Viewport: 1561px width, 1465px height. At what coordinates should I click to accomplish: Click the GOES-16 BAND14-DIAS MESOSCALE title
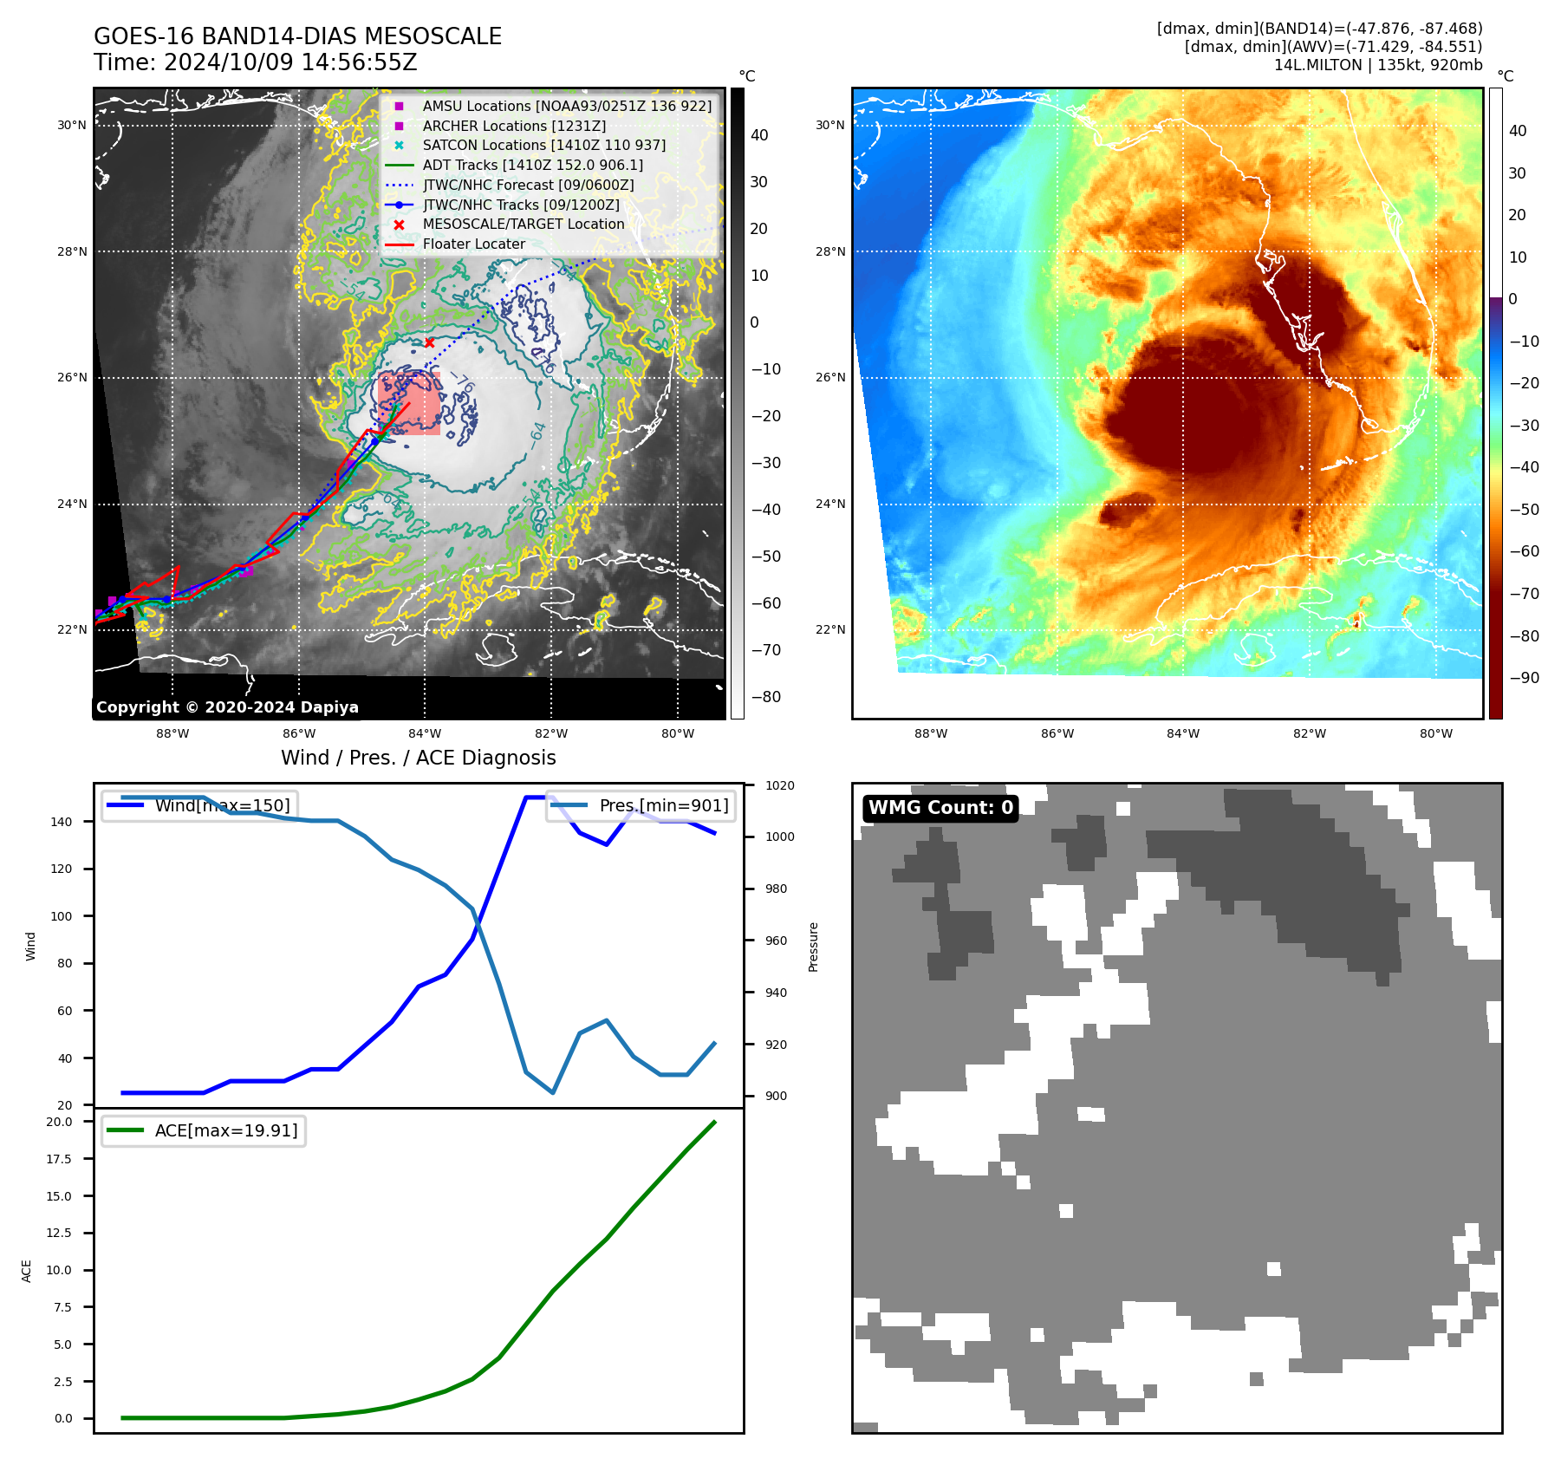(297, 36)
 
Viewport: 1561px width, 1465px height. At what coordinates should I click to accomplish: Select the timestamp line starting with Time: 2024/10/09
(256, 62)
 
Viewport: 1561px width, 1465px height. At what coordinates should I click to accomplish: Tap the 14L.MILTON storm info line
(1377, 65)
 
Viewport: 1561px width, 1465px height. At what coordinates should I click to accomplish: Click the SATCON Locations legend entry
(543, 146)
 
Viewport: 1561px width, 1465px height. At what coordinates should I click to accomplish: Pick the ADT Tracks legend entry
(532, 166)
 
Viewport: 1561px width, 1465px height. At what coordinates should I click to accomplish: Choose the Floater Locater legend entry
(473, 244)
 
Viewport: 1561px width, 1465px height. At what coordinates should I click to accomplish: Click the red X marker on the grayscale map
(429, 343)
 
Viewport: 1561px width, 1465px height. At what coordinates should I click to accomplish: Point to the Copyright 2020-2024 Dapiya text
(227, 707)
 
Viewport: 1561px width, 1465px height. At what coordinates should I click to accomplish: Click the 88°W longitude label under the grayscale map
(172, 734)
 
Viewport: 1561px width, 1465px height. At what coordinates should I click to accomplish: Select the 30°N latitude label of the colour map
(829, 126)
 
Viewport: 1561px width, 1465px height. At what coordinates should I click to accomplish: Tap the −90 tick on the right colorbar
(1524, 678)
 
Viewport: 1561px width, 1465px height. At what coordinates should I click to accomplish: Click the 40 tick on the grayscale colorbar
(759, 135)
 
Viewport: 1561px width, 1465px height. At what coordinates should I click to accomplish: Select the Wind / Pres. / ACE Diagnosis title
(418, 758)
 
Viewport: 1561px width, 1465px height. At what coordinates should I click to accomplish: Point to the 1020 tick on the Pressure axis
(779, 785)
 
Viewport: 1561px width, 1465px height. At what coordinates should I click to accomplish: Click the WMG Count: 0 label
(940, 808)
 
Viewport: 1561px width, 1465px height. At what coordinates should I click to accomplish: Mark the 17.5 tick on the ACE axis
(59, 1159)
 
